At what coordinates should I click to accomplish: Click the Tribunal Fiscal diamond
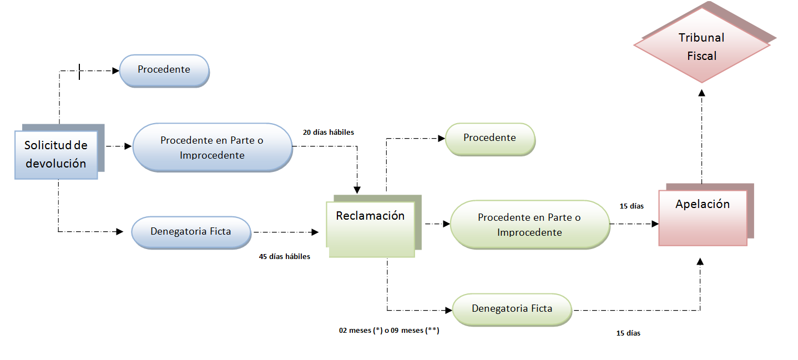(x=701, y=47)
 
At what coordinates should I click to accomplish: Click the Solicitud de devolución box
(x=55, y=155)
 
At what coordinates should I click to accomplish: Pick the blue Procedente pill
(x=164, y=70)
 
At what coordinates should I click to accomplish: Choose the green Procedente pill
(x=489, y=138)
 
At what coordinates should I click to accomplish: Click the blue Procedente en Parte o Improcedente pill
(x=212, y=148)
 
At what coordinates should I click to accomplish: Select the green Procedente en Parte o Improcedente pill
(x=529, y=224)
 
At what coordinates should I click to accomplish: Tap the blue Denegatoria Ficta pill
(x=191, y=231)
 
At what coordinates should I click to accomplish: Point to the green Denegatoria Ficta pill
(x=512, y=308)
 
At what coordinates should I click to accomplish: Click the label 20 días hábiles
(x=328, y=133)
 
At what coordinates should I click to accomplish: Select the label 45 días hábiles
(x=284, y=257)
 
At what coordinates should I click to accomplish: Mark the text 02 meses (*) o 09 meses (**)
(x=389, y=331)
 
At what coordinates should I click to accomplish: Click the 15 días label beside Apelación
(x=632, y=206)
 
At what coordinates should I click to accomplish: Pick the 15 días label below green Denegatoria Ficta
(x=628, y=333)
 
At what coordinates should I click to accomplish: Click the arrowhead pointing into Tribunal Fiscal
(x=701, y=79)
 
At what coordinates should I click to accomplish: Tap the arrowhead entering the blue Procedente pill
(x=116, y=70)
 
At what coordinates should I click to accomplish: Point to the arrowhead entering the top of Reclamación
(x=357, y=190)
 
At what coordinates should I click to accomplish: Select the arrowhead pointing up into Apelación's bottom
(x=701, y=261)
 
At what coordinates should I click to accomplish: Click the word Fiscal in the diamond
(x=701, y=56)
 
